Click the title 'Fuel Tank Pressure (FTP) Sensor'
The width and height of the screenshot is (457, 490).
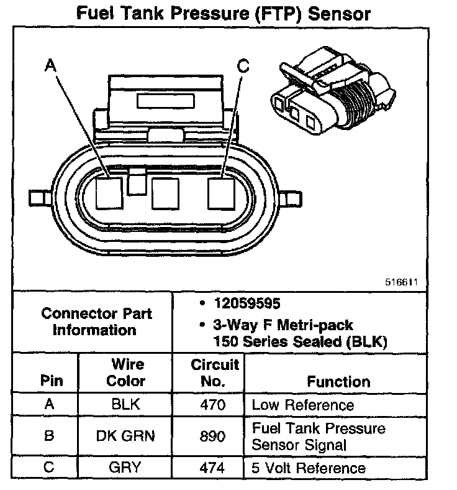click(x=228, y=14)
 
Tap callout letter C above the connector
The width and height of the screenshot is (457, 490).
click(x=243, y=65)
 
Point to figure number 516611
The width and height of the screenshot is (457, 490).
click(x=402, y=282)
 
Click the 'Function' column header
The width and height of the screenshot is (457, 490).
click(x=338, y=381)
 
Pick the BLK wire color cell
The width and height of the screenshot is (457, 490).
click(x=127, y=405)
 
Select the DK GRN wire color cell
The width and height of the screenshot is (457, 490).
click(x=127, y=436)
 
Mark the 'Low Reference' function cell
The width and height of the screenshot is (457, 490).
click(x=302, y=405)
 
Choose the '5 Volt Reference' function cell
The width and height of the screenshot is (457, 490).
click(x=309, y=468)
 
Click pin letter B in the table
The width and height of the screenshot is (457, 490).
click(x=49, y=436)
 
